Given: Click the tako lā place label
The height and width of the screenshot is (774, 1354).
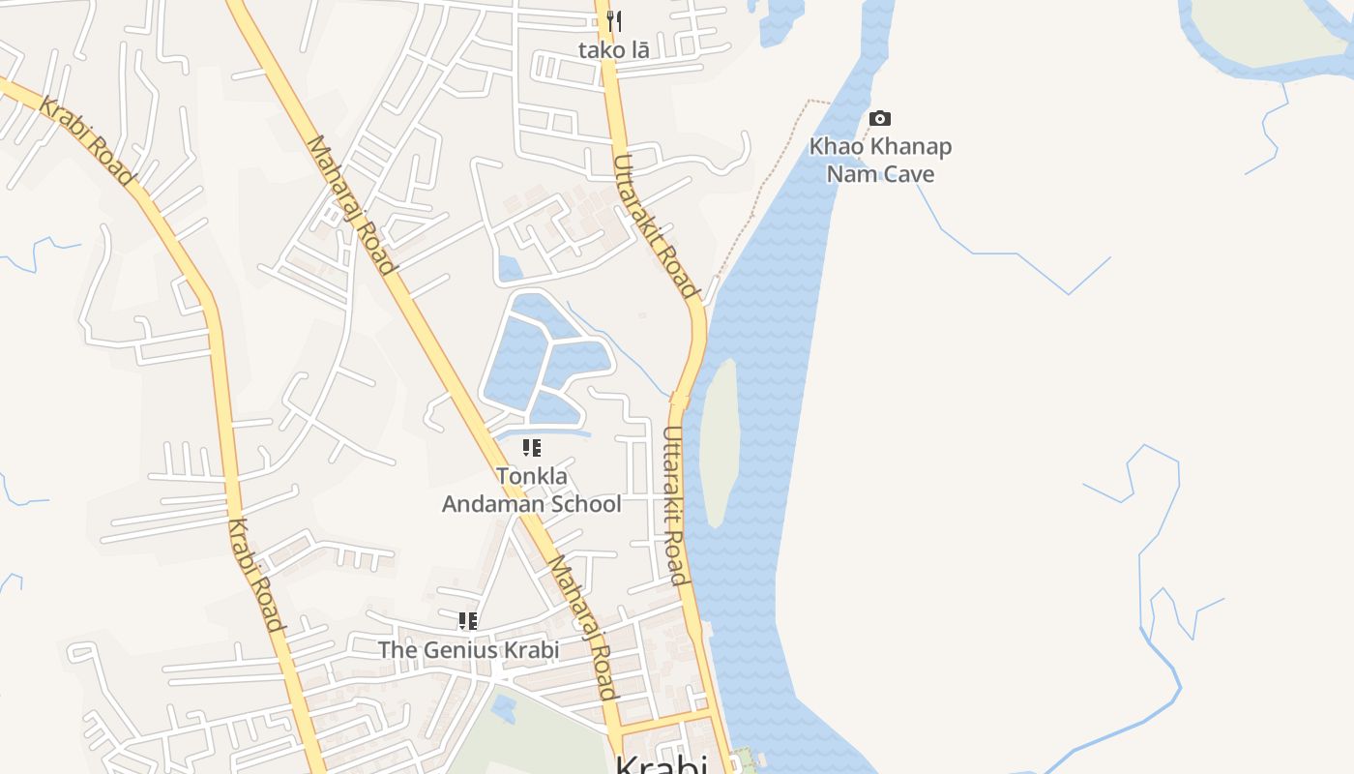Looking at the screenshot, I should pyautogui.click(x=614, y=50).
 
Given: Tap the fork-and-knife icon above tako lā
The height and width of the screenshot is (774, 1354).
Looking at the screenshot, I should pyautogui.click(x=614, y=20).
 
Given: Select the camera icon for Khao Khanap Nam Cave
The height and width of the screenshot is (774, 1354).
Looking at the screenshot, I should pyautogui.click(x=880, y=118).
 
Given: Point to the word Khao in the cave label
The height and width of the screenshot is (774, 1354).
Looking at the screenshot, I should pyautogui.click(x=835, y=147).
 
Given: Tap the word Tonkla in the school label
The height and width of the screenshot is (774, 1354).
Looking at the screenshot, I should pyautogui.click(x=532, y=476).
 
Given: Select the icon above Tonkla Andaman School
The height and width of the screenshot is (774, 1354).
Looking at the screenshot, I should pyautogui.click(x=531, y=447).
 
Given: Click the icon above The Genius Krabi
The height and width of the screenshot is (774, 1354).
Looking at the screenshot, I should pyautogui.click(x=468, y=620).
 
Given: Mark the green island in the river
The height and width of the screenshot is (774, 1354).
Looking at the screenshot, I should pyautogui.click(x=719, y=440).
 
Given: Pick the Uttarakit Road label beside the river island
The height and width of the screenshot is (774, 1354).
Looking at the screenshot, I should pyautogui.click(x=676, y=506).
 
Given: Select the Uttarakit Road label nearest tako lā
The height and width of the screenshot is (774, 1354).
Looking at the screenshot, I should pyautogui.click(x=655, y=225).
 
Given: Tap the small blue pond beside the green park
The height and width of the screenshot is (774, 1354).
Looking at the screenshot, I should pyautogui.click(x=504, y=708).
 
